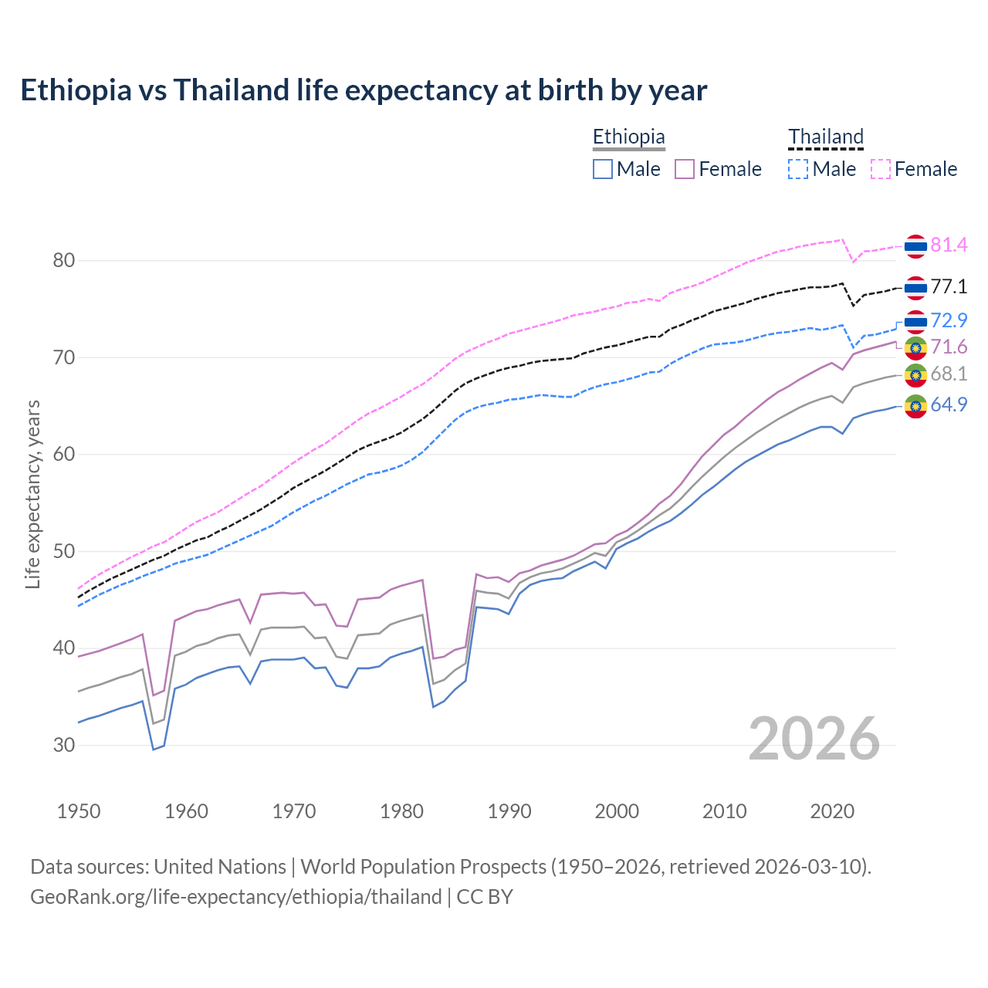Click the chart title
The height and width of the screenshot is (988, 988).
(364, 90)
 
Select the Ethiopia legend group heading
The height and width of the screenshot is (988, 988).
(628, 137)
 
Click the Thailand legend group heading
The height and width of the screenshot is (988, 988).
(825, 137)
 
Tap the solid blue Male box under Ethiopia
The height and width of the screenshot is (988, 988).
(603, 169)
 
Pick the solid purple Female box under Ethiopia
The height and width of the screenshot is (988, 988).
(685, 169)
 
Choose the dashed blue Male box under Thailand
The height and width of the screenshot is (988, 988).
(799, 169)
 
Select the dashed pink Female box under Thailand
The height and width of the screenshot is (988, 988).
(881, 169)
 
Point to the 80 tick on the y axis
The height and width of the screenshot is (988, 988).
(64, 261)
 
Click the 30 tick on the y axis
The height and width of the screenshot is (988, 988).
(64, 746)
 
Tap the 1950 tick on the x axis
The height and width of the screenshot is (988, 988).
(79, 811)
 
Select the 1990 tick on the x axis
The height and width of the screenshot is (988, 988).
(509, 811)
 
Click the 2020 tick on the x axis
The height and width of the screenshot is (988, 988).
(832, 811)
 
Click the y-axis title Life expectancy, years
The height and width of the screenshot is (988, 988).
(32, 494)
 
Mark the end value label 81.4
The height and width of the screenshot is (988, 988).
(949, 245)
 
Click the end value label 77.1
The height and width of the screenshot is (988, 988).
(949, 287)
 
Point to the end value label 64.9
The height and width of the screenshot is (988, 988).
(949, 404)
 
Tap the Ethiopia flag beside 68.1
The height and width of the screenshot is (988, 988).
(915, 375)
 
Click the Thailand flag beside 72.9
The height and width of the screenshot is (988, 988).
(915, 321)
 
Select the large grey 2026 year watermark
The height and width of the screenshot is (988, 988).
(814, 739)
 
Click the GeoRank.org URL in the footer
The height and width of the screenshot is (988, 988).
(236, 897)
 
